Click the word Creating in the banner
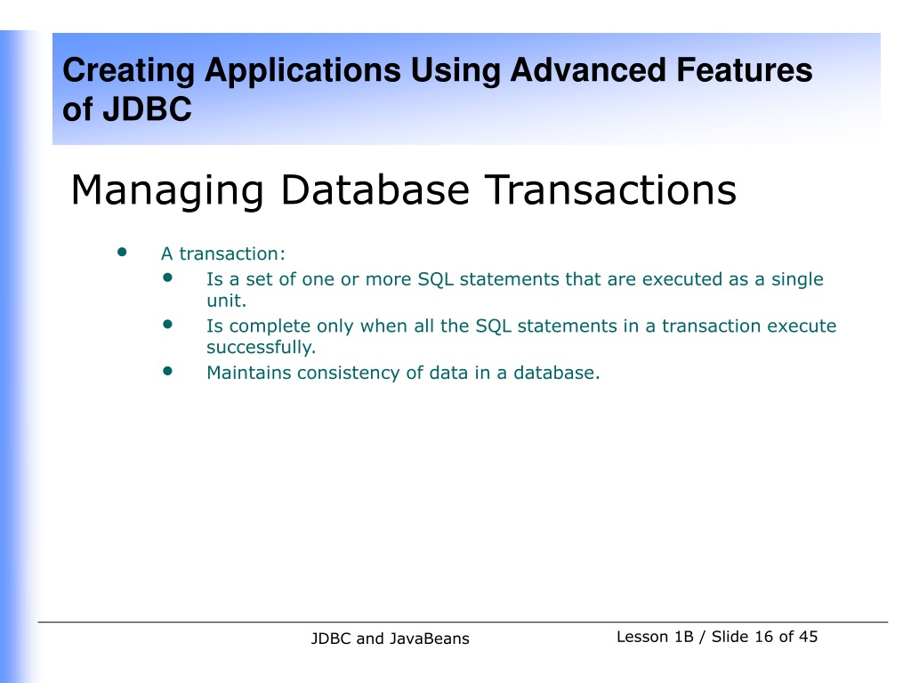pos(128,72)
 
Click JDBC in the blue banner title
pos(147,108)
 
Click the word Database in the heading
pos(375,189)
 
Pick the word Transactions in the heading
pos(611,189)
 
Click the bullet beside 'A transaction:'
pos(122,252)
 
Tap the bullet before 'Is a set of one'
pos(168,277)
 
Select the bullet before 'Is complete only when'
pos(168,324)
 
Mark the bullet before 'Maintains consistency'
pos(168,371)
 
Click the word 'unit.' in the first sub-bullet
pos(227,301)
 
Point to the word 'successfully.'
pos(262,348)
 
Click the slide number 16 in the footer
pos(764,637)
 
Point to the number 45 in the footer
pos(808,637)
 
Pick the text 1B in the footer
pos(684,637)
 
